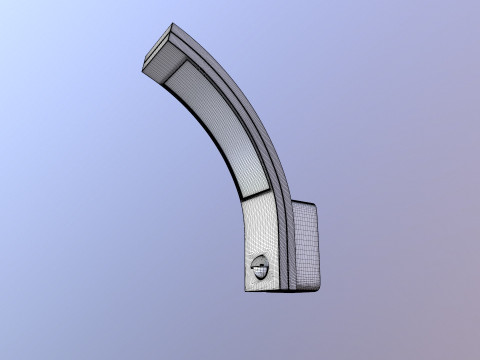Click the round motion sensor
[x=261, y=269]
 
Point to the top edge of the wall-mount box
[x=305, y=203]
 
